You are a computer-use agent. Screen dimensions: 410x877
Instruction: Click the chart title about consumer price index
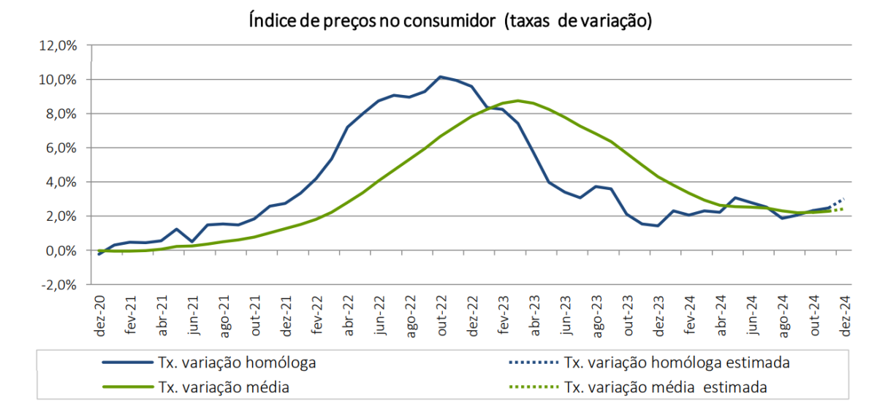pyautogui.click(x=449, y=21)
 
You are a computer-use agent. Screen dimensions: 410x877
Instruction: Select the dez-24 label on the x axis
pyautogui.click(x=846, y=316)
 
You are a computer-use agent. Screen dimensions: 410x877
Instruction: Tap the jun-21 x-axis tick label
pyautogui.click(x=194, y=316)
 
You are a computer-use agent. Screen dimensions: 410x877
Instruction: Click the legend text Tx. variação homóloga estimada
pyautogui.click(x=677, y=362)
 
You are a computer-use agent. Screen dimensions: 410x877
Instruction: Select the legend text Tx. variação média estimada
pyautogui.click(x=666, y=387)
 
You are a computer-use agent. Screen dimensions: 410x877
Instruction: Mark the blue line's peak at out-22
pyautogui.click(x=440, y=77)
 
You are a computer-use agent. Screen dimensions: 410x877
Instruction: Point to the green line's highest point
pyautogui.click(x=517, y=101)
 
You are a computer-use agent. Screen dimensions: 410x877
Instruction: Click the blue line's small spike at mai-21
pyautogui.click(x=177, y=229)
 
